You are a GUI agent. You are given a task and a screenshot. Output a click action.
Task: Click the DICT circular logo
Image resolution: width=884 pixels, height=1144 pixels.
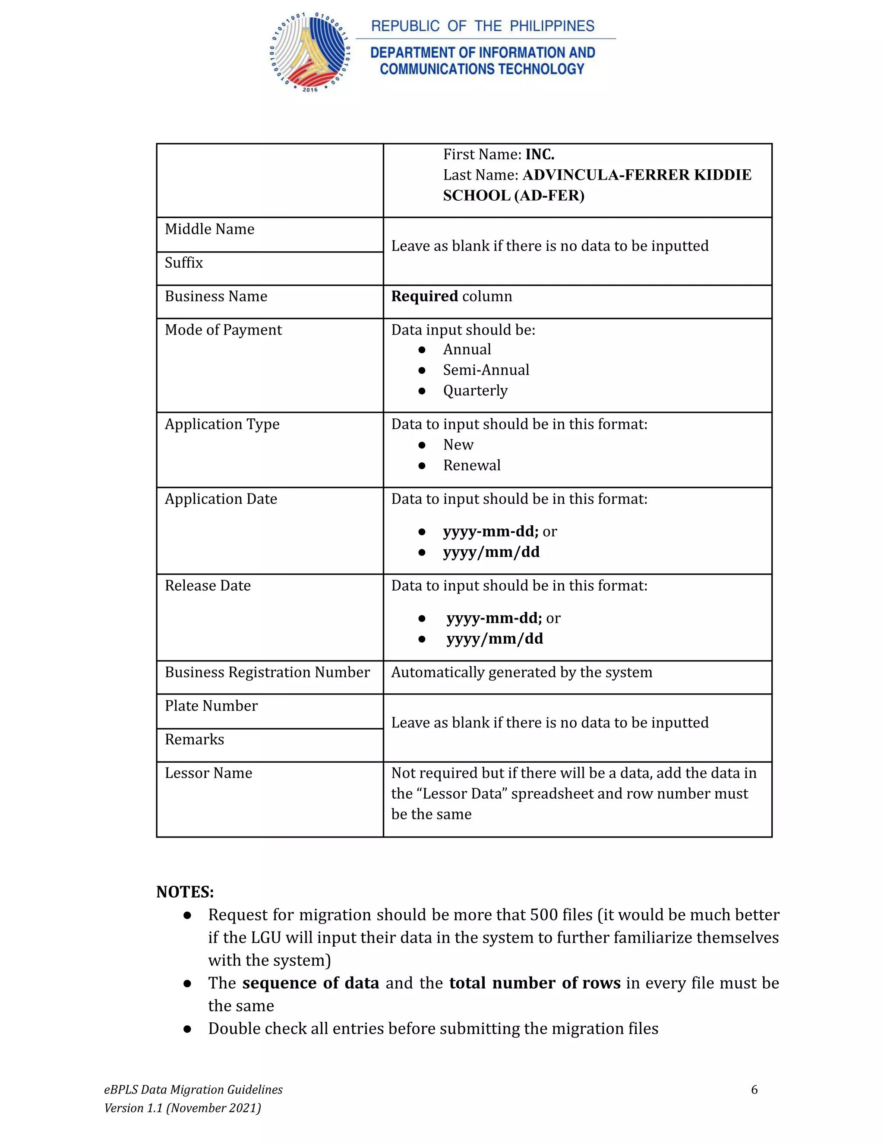coord(310,53)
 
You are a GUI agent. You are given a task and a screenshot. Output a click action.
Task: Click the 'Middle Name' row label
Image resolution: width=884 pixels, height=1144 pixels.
coord(209,229)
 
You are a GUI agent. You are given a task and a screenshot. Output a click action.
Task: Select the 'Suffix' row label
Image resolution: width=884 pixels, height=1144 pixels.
coord(184,262)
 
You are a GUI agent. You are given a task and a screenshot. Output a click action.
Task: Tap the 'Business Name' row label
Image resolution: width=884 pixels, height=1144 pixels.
coord(216,297)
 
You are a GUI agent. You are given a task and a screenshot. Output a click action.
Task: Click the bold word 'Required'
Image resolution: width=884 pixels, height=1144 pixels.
coord(424,297)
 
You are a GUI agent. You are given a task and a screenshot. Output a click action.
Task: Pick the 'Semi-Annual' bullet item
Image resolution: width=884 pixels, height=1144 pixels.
coord(486,370)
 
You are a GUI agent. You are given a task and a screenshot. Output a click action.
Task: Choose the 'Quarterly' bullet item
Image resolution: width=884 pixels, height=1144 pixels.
coord(475,391)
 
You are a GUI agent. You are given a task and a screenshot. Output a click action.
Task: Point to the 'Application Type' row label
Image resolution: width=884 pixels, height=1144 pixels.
coord(222,424)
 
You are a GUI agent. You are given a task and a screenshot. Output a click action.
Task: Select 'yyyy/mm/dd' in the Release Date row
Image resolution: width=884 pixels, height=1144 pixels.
coord(494,638)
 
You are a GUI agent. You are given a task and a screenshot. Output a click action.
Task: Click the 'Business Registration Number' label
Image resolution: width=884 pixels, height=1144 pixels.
coord(267,672)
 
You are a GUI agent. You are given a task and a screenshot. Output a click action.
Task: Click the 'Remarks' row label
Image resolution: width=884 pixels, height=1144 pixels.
coord(194,739)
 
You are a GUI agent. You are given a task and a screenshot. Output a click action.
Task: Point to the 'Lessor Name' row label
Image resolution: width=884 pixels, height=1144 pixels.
coord(208,773)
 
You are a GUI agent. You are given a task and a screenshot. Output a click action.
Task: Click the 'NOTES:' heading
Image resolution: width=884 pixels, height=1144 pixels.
coord(185,891)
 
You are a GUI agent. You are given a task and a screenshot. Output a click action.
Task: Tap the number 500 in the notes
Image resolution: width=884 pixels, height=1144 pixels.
coord(543,915)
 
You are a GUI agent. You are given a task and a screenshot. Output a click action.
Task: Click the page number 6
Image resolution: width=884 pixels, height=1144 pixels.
coord(754,1090)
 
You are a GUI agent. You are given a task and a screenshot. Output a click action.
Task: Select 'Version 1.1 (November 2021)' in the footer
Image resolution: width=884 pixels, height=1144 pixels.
coord(182,1108)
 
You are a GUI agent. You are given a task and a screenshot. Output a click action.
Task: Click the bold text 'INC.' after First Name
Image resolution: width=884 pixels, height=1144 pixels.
coord(540,155)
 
